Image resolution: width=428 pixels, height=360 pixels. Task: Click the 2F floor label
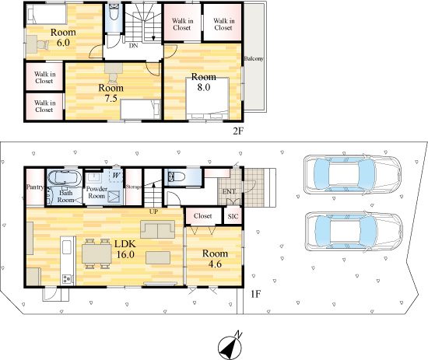tap(239, 131)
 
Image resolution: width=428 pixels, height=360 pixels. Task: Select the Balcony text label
tap(253, 59)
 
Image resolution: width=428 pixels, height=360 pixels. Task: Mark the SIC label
tap(233, 217)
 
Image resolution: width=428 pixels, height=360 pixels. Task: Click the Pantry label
tap(34, 187)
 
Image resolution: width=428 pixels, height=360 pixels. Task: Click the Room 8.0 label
tap(203, 82)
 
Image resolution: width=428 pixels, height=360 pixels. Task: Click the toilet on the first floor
tap(175, 177)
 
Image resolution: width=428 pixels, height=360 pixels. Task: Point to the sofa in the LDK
tap(158, 229)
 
